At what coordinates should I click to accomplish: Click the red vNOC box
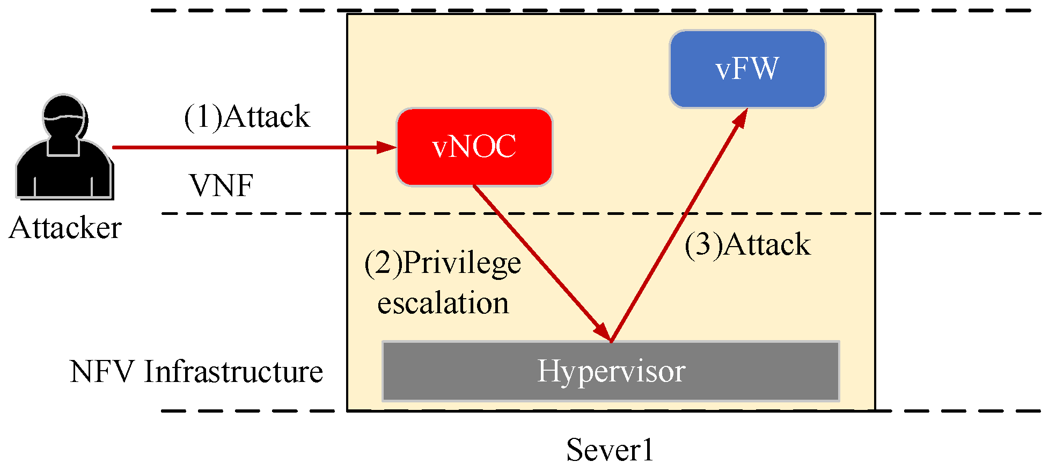point(474,147)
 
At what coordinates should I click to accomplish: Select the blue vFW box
point(747,69)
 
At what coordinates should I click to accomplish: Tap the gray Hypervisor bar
point(611,371)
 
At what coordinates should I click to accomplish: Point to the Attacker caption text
point(65,228)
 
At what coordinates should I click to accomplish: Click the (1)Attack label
point(247,117)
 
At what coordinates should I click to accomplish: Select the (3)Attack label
point(747,245)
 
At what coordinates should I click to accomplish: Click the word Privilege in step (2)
point(461,263)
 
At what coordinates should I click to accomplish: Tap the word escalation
point(443,302)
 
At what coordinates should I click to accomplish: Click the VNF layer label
point(221,186)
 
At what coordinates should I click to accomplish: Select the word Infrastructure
point(233,371)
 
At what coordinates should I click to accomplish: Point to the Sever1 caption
point(610,450)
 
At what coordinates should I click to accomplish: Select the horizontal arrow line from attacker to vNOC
point(241,147)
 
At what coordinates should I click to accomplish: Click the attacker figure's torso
point(64,172)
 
